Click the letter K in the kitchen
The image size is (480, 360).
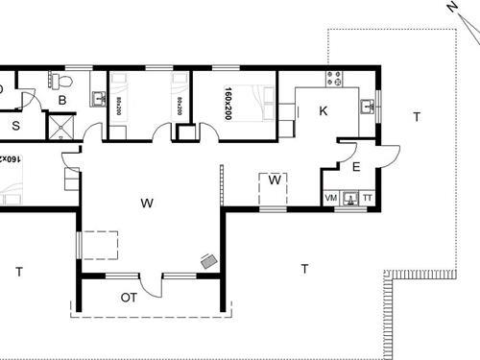coord(324,111)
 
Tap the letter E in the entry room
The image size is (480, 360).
coord(355,167)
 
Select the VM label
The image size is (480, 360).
coord(332,198)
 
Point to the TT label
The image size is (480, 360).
coord(368,198)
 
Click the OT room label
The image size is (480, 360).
coord(129,297)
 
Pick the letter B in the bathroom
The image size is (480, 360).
coord(61,99)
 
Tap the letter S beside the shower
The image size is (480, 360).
coord(16,125)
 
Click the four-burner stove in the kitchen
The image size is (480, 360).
coord(334,78)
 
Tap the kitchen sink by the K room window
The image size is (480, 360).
coord(368,106)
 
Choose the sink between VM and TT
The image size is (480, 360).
coord(350,199)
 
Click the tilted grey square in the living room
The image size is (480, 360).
coord(207,260)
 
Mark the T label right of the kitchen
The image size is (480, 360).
coord(416,117)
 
